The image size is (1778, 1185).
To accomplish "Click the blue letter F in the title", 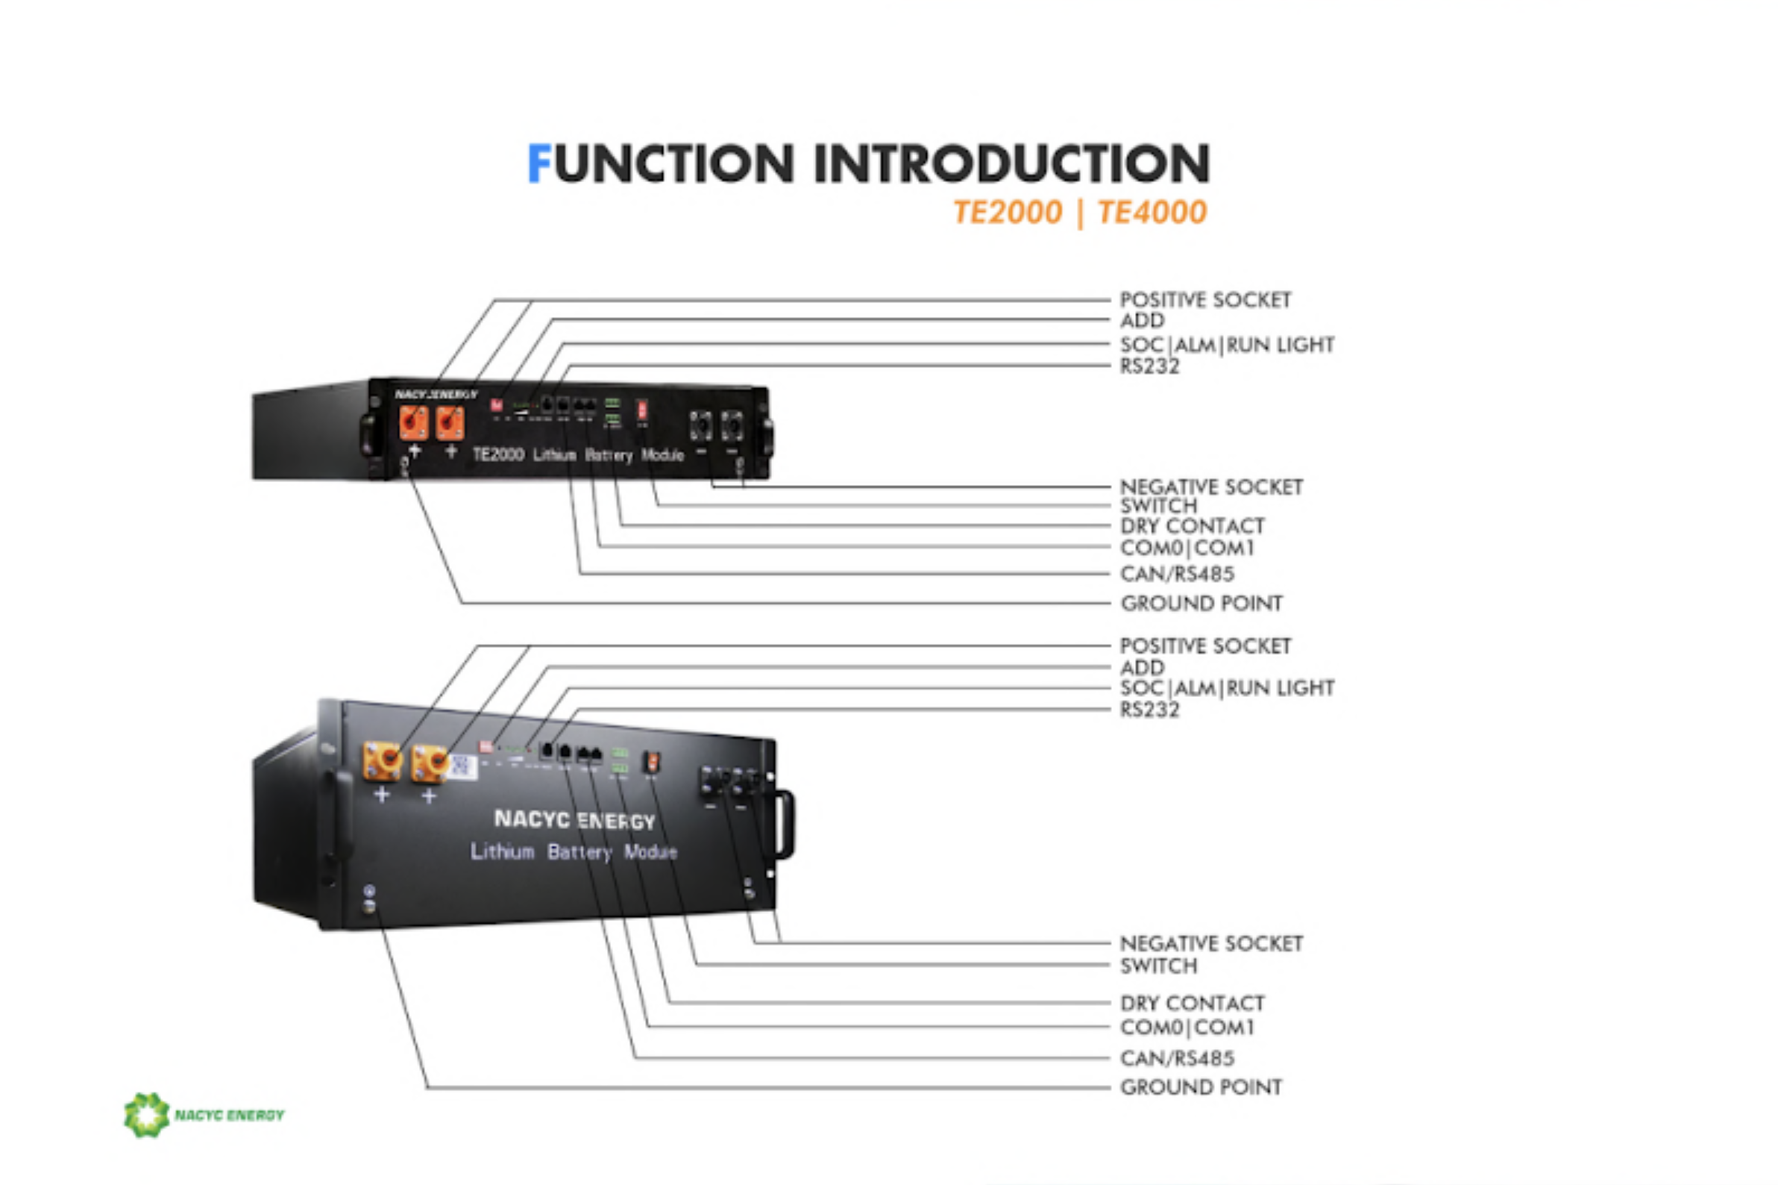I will coord(538,163).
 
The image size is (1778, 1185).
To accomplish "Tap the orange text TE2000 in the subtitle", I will coord(1007,213).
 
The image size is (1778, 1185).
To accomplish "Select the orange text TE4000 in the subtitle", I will coord(1151,213).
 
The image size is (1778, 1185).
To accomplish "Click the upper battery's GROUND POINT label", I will coord(1201,603).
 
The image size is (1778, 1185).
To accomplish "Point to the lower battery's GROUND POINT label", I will coord(1201,1086).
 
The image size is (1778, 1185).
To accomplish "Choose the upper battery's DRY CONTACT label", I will coord(1192,526).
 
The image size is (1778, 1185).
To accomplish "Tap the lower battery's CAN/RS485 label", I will coord(1177,1058).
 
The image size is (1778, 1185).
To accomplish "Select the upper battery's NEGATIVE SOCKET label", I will coord(1210,487).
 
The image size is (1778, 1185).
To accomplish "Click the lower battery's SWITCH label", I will coord(1158,966).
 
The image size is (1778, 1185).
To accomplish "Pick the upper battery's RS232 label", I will coord(1149,366).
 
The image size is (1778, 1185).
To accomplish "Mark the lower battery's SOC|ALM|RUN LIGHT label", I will coord(1227,688).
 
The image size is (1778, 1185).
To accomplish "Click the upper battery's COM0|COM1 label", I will coord(1187,548).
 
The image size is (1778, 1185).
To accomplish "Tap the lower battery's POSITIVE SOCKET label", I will coord(1204,646).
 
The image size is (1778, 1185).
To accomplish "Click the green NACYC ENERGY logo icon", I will coord(146,1115).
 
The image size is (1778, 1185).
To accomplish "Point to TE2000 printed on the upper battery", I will coord(497,454).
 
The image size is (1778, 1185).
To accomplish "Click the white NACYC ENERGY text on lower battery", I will coord(574,820).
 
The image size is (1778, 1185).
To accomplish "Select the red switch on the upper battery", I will coord(642,410).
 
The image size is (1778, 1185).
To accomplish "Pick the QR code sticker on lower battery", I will coord(463,767).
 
